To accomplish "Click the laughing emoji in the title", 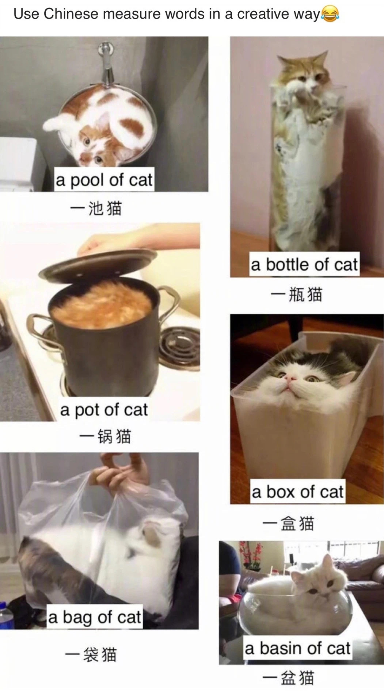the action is click(330, 14).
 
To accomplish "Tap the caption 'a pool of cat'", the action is click(104, 180).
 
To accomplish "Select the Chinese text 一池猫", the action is click(96, 209).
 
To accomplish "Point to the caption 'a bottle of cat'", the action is click(304, 264).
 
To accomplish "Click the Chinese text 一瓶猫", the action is click(296, 294).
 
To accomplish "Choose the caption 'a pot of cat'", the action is click(104, 409).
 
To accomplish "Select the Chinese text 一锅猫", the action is click(105, 436).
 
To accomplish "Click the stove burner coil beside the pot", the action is click(179, 345).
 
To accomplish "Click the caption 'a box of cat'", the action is click(298, 492).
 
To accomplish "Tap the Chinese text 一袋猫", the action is click(91, 654).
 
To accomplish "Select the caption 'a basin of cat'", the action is click(298, 648).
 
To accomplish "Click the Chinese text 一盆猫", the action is click(288, 678).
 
